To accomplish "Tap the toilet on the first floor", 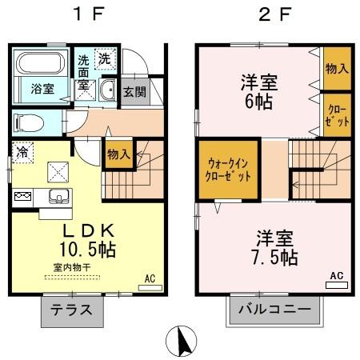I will [x=26, y=122].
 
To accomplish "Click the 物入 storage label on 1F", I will [x=119, y=152].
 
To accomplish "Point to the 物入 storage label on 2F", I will [x=337, y=68].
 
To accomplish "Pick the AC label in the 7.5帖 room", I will [x=336, y=275].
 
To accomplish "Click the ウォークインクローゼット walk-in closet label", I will [x=229, y=168].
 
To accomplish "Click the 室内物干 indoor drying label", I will [x=72, y=268].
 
